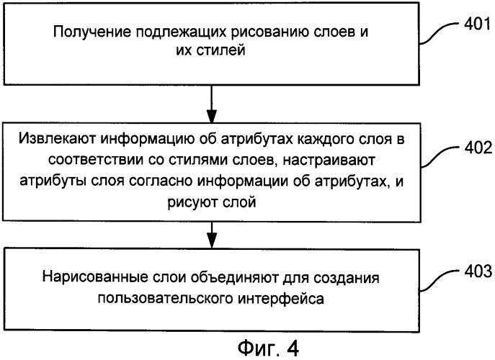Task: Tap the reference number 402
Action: pyautogui.click(x=478, y=148)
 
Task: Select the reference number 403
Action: pyautogui.click(x=478, y=271)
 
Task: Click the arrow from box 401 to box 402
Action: pyautogui.click(x=212, y=104)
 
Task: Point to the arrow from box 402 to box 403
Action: pyautogui.click(x=212, y=235)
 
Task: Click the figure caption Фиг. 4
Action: pyautogui.click(x=268, y=348)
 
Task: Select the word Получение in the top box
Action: pyautogui.click(x=92, y=32)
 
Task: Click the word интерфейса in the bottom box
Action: pyautogui.click(x=281, y=298)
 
